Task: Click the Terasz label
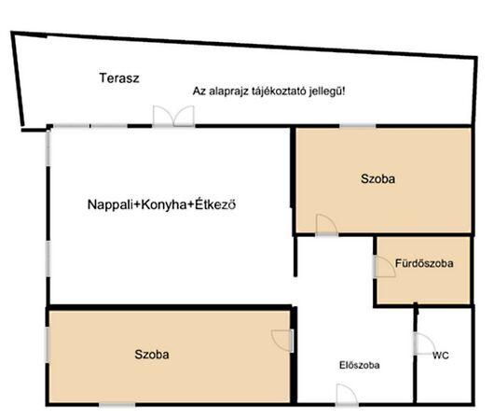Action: pos(119,78)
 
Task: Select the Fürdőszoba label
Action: pos(424,263)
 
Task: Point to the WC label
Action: pos(441,356)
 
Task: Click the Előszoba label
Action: pos(359,365)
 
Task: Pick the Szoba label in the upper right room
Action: pos(377,179)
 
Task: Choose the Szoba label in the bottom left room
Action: pos(152,355)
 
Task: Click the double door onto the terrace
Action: pos(173,116)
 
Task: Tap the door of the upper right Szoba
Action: pos(326,225)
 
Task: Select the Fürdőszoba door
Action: pos(384,267)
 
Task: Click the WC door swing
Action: pos(424,343)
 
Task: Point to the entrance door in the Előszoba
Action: pos(347,395)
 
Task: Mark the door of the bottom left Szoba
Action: pos(282,341)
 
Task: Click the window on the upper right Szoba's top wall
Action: pos(358,126)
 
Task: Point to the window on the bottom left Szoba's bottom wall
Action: pos(117,405)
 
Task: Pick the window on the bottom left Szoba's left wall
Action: pos(48,344)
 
